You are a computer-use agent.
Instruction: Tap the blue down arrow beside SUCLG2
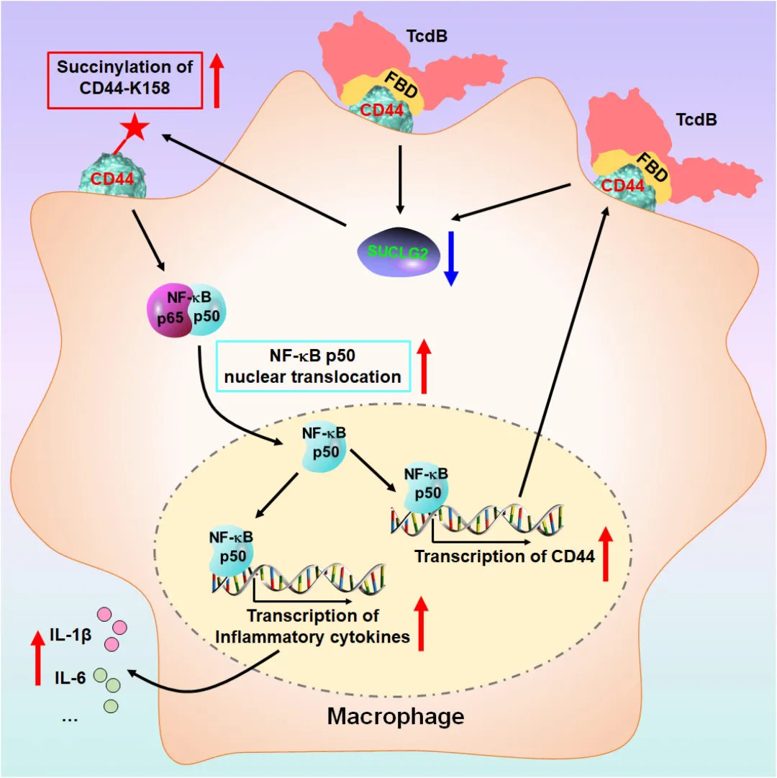pos(450,258)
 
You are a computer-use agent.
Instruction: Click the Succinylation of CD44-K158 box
pos(125,80)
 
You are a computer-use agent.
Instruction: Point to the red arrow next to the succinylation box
pos(216,81)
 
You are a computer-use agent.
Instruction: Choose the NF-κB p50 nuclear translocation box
pos(313,366)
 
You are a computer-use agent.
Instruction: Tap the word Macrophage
pos(396,717)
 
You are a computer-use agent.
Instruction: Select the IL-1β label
pos(71,635)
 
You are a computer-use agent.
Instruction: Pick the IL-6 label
pos(70,677)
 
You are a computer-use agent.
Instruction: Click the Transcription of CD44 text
pos(504,556)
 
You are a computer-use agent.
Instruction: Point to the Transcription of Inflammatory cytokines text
pos(312,626)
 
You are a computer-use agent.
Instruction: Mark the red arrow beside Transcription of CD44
pos(606,554)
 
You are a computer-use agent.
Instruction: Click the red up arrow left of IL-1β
pos(37,658)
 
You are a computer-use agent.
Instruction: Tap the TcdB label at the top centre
pos(427,36)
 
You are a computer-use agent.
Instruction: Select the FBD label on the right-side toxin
pos(652,167)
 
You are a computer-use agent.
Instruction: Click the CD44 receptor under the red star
pos(112,176)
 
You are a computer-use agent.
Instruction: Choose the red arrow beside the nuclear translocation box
pos(424,366)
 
